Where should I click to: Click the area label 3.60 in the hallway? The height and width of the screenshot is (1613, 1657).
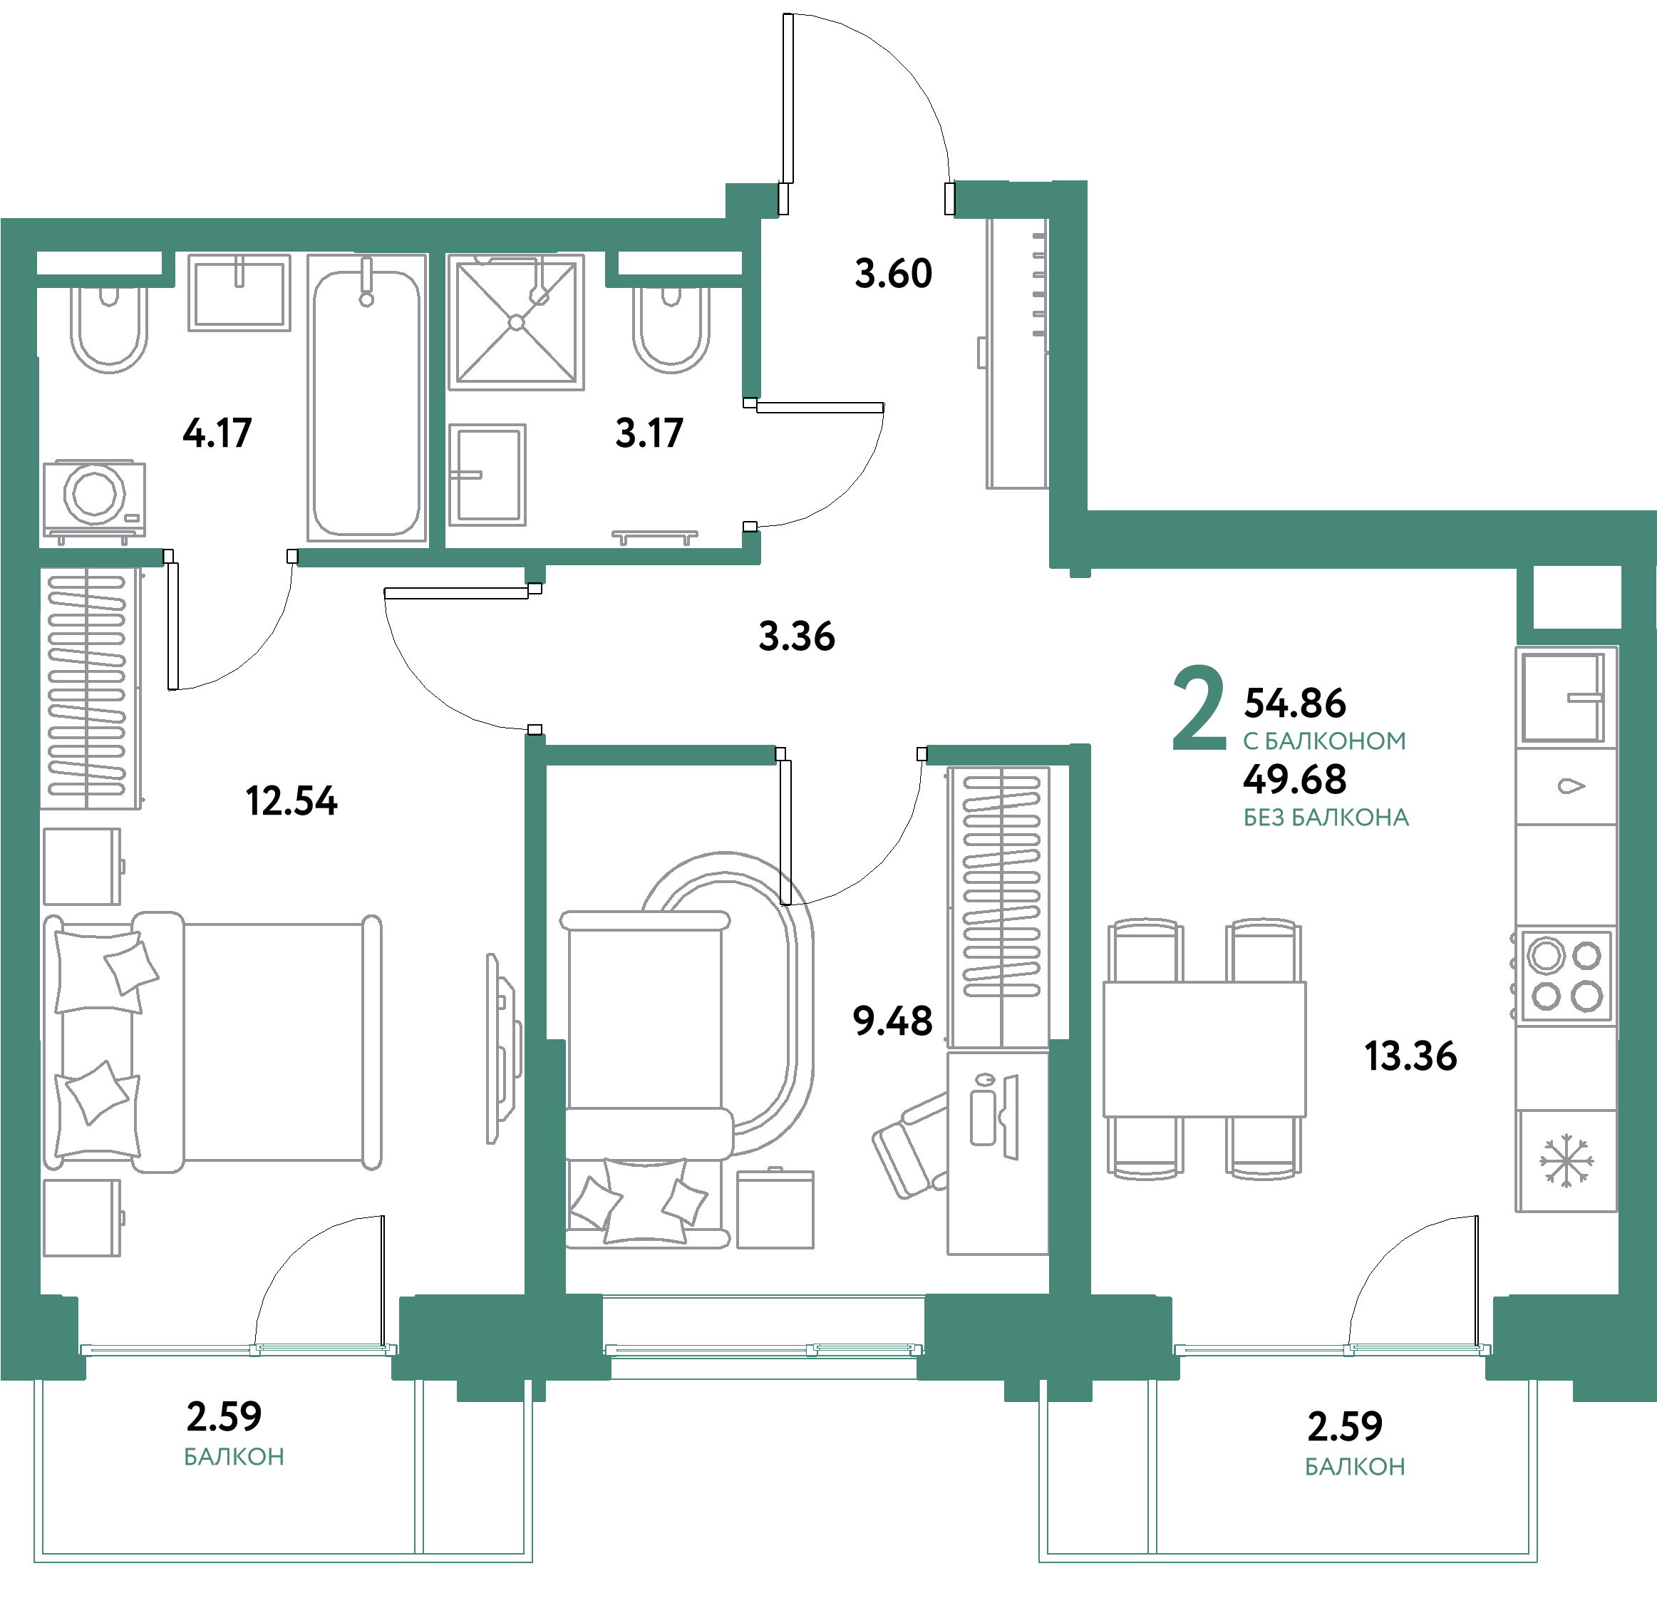893,274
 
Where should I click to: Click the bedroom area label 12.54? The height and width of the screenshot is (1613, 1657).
291,800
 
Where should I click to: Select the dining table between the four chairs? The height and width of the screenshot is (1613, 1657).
1204,1048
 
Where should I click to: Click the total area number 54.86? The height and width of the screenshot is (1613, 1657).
1294,702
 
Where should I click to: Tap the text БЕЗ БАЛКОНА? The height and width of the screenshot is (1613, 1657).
1326,818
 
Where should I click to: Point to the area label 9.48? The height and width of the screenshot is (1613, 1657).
892,1021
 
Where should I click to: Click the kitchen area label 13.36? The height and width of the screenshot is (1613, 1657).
1410,1056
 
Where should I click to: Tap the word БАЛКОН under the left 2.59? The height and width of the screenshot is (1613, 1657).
234,1457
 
